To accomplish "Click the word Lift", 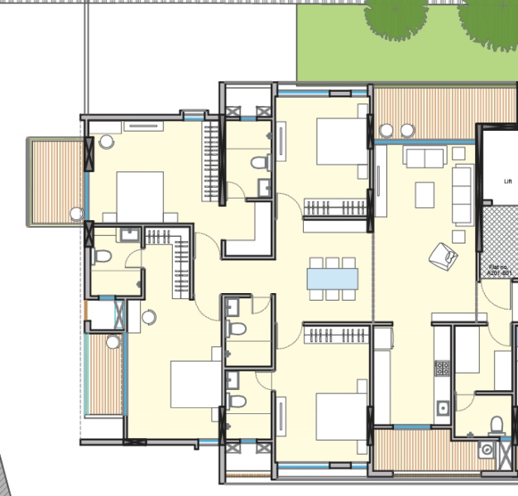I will tap(508, 181).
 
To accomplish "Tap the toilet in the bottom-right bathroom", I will tap(496, 423).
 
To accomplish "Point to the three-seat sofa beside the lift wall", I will tap(463, 195).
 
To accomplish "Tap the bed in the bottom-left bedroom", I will tap(196, 383).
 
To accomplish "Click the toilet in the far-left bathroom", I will tap(102, 256).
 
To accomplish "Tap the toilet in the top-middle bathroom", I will tap(261, 161).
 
